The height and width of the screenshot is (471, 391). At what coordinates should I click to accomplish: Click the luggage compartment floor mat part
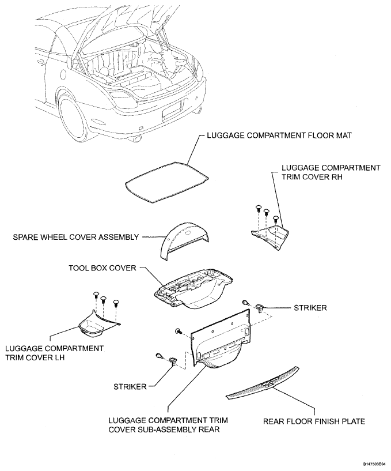(167, 179)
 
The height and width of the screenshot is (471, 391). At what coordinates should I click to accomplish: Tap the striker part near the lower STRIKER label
(173, 363)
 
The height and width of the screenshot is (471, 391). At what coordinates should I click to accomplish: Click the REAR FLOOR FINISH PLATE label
(314, 421)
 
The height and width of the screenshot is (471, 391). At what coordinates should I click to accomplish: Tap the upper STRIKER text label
(310, 308)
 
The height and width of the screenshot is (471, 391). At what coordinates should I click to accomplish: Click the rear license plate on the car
(173, 110)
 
